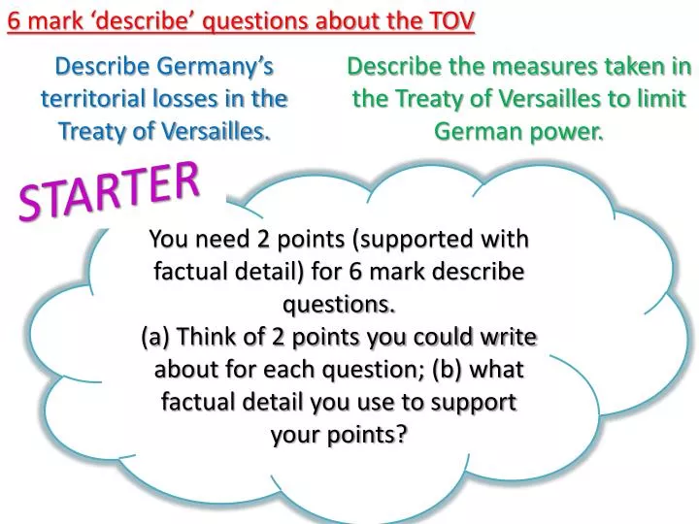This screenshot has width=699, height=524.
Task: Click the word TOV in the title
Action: point(452,20)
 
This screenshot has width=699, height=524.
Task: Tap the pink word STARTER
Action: point(110,189)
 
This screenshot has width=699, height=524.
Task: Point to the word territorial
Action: point(92,98)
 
